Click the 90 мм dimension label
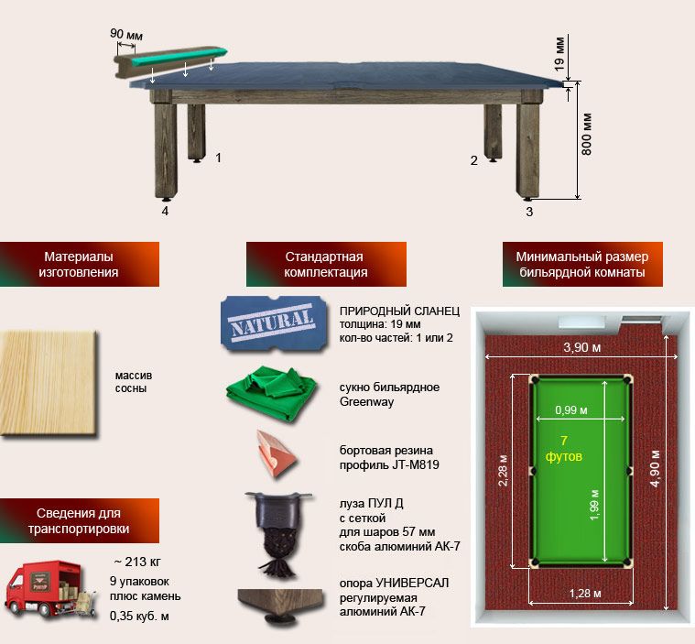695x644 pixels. pyautogui.click(x=127, y=34)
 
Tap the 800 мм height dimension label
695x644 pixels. pyautogui.click(x=587, y=133)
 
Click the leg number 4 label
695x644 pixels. pyautogui.click(x=166, y=211)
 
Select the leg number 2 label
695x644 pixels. pyautogui.click(x=473, y=161)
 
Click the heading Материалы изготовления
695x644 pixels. pyautogui.click(x=78, y=264)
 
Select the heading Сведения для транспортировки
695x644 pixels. pyautogui.click(x=78, y=520)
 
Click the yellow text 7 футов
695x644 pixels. pyautogui.click(x=564, y=448)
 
